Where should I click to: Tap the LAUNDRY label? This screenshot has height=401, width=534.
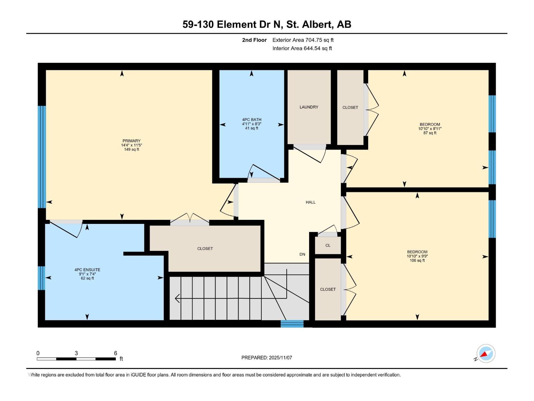(x=309, y=107)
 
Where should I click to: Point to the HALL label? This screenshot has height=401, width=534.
(x=310, y=202)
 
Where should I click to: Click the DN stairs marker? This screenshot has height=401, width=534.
(x=302, y=254)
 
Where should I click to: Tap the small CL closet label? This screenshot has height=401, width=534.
(x=328, y=245)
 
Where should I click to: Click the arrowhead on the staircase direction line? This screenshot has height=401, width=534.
(x=177, y=298)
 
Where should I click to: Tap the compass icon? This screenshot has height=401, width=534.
(x=486, y=354)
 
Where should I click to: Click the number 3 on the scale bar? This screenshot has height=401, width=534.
(x=76, y=353)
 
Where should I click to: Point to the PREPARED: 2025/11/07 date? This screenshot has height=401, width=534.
(x=267, y=358)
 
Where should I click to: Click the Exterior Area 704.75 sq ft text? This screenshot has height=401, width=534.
(x=303, y=40)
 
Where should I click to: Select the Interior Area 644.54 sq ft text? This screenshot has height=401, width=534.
(x=302, y=48)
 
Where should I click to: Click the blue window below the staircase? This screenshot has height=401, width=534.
(x=292, y=323)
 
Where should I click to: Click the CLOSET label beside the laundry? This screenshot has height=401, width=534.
(x=350, y=107)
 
